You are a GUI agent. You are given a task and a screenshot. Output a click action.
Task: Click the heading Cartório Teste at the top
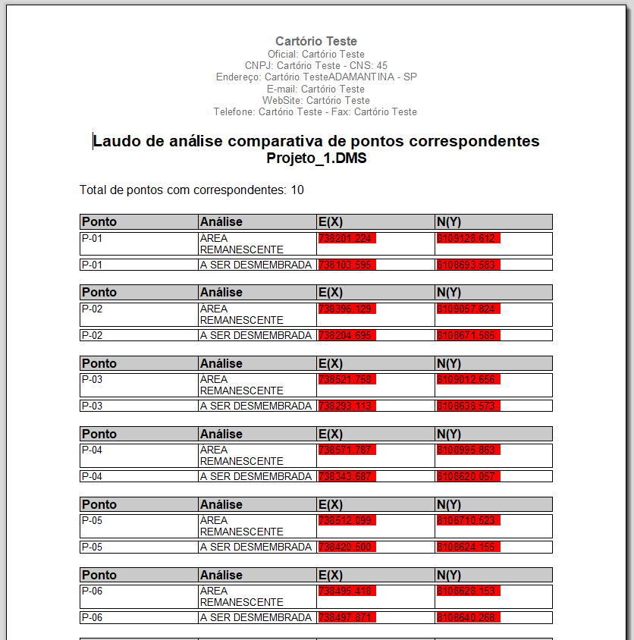click(316, 41)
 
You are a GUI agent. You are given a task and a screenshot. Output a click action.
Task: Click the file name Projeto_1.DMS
click(316, 158)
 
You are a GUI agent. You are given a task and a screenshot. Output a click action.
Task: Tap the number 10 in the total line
click(297, 190)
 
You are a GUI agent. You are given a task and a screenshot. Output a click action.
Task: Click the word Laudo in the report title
click(115, 141)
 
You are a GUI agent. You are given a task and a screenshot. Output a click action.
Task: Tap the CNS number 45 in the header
click(381, 65)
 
